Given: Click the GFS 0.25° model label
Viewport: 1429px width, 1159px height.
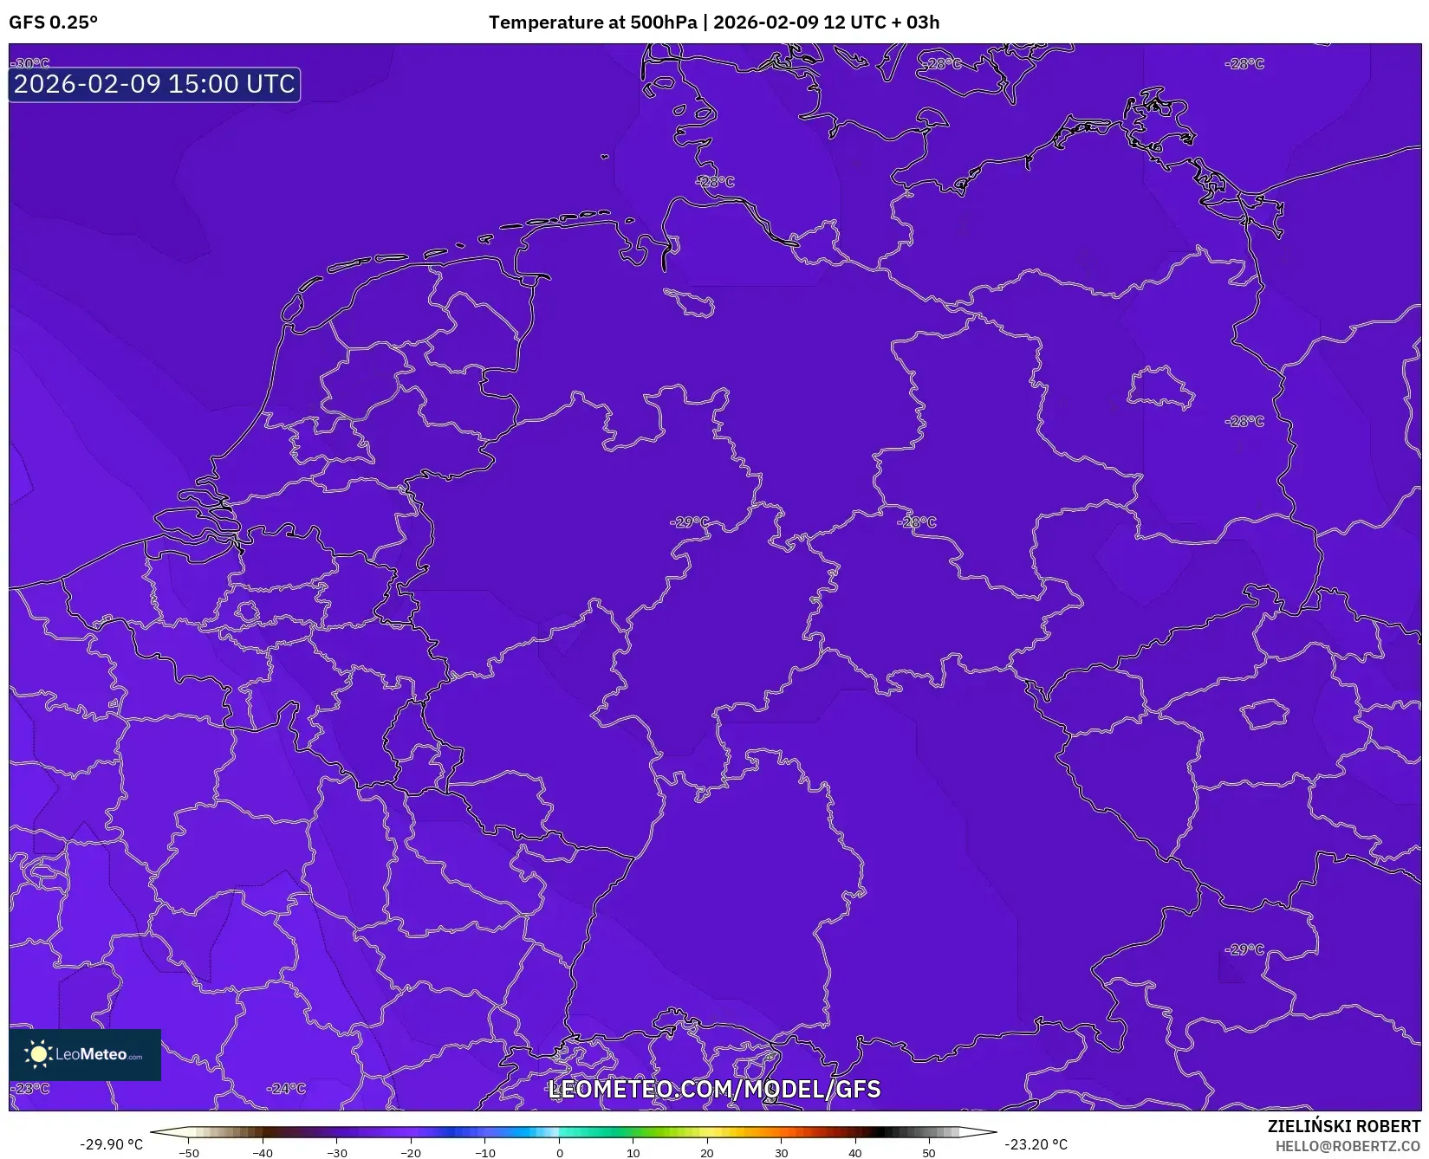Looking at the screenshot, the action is tap(53, 23).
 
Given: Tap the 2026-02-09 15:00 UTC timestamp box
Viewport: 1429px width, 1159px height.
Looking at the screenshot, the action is tap(154, 84).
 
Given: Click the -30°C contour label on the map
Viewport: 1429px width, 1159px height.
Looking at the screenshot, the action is tap(32, 63).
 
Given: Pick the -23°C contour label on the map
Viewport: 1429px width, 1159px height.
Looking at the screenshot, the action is tap(32, 1088).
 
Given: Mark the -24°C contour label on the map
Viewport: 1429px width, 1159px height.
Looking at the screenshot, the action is tap(286, 1089).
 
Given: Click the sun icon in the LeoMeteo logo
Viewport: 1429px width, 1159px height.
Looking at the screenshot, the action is tap(38, 1054).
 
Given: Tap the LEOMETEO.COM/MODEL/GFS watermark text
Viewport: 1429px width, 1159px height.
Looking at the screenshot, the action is tap(714, 1089).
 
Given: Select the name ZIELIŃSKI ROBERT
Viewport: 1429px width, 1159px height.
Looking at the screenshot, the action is tap(1343, 1127).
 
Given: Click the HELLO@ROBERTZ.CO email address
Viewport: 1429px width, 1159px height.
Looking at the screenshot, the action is tap(1347, 1146).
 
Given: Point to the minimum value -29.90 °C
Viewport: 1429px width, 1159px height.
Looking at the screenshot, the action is tap(111, 1144).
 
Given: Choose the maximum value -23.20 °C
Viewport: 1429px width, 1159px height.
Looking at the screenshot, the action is tap(1036, 1144).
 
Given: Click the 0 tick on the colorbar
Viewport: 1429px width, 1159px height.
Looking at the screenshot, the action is tap(559, 1153).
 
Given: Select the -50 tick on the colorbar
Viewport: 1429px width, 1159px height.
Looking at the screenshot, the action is tap(189, 1153).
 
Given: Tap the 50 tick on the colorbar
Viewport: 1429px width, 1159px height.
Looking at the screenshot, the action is tap(929, 1153).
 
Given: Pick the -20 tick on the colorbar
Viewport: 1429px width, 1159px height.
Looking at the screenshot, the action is tap(411, 1153).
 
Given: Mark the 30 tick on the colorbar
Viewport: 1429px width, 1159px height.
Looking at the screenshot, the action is tap(781, 1153).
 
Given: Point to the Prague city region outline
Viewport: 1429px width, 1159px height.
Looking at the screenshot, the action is tap(1265, 715).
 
